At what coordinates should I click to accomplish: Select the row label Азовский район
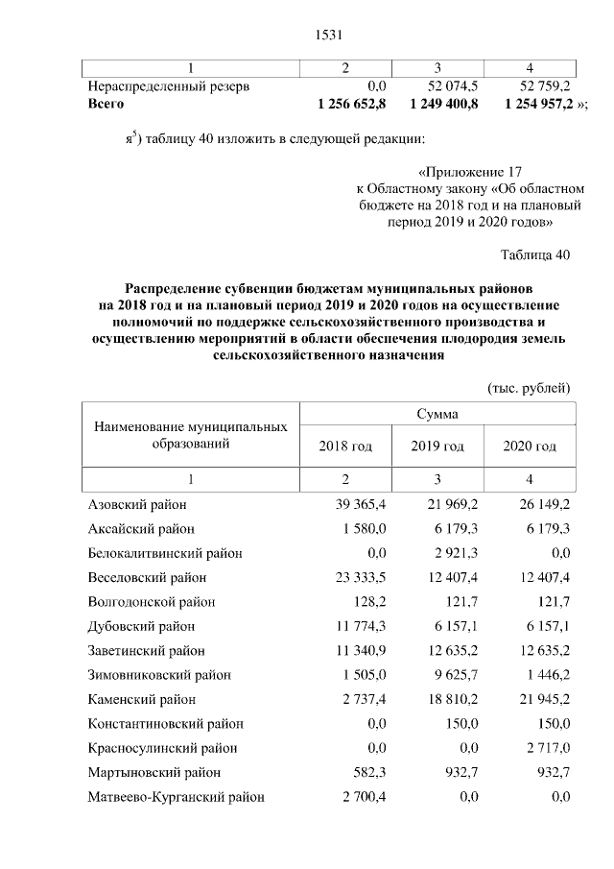pyautogui.click(x=137, y=504)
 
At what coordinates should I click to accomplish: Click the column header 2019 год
pyautogui.click(x=437, y=447)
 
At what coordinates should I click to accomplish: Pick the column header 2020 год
pyautogui.click(x=530, y=447)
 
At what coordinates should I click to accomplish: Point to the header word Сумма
pyautogui.click(x=437, y=415)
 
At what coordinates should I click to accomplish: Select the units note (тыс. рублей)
pyautogui.click(x=530, y=387)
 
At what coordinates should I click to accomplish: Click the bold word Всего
pyautogui.click(x=106, y=102)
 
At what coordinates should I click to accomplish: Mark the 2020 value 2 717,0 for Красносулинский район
pyautogui.click(x=544, y=748)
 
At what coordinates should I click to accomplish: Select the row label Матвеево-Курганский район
pyautogui.click(x=176, y=797)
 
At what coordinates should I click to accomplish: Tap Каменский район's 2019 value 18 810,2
pyautogui.click(x=441, y=699)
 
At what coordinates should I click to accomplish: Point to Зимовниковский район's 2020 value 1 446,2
pyautogui.click(x=544, y=675)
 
